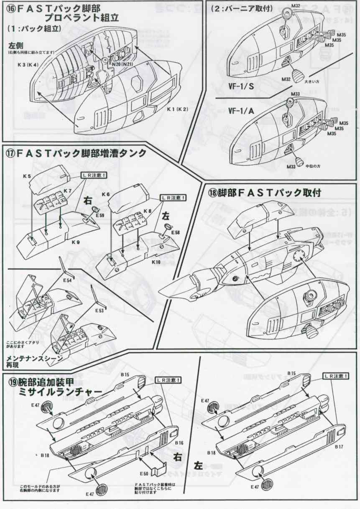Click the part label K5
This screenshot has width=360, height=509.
(27, 177)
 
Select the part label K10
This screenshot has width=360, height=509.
(156, 262)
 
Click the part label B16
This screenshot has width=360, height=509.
(179, 442)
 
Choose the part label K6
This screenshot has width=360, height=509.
(105, 195)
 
